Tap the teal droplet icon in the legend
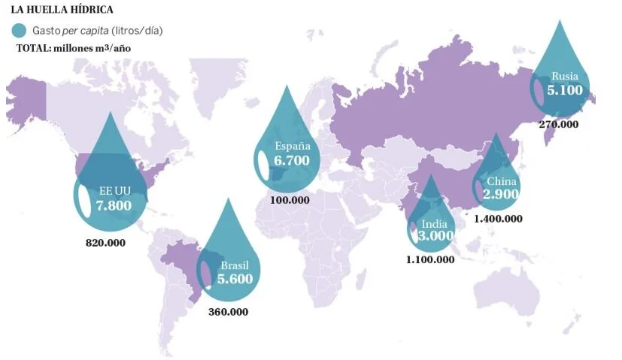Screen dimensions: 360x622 pos(20,30)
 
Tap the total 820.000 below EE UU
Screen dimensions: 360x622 pos(106,243)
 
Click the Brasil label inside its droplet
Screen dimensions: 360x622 pos(235,265)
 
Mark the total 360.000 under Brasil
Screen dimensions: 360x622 pos(227,311)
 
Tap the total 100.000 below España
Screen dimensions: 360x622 pos(289,200)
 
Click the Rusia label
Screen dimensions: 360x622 pos(565,76)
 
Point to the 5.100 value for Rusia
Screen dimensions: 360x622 pos(565,89)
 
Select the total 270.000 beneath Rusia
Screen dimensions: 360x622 pos(559,123)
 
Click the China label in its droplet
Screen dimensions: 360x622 pos(502,181)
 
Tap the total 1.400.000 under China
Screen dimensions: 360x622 pos(498,218)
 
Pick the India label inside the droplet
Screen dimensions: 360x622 pos(435,223)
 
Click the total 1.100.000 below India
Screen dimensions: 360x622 pos(430,259)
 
